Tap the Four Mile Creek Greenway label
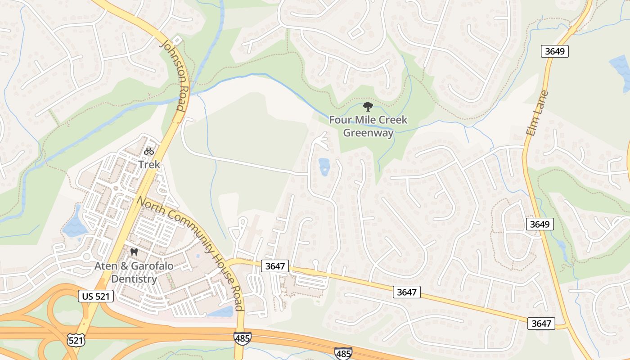click(x=368, y=126)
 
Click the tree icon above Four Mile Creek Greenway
click(x=368, y=107)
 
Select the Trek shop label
click(x=149, y=164)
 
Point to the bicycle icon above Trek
click(x=149, y=151)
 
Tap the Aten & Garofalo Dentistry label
click(x=134, y=272)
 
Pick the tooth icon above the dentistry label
click(x=134, y=252)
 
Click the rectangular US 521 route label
click(x=95, y=296)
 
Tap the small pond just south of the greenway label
click(x=324, y=166)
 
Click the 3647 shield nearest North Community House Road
click(x=274, y=266)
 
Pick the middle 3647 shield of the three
click(x=407, y=292)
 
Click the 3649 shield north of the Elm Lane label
click(x=554, y=51)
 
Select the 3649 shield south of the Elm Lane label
click(x=540, y=224)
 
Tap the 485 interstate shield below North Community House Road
click(x=242, y=338)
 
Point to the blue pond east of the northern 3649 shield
click(x=621, y=67)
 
